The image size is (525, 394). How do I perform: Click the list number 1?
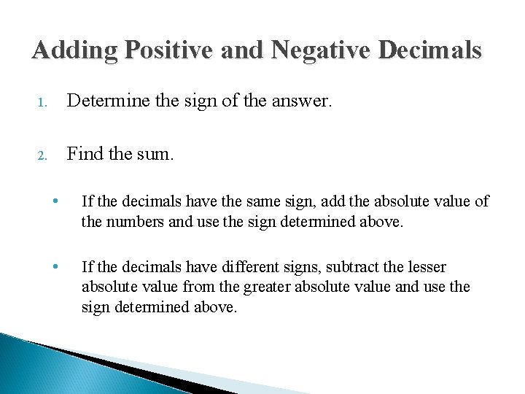point(42,104)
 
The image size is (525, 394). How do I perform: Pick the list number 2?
point(42,155)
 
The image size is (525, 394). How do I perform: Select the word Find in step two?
point(82,153)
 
